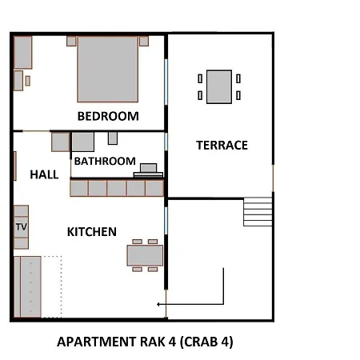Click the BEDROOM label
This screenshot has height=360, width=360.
[x=108, y=116]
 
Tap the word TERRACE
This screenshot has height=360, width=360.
[x=222, y=146]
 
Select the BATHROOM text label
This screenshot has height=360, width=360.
[x=105, y=161]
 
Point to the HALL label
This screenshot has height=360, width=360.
[x=44, y=174]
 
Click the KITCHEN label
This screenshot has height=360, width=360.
[x=92, y=232]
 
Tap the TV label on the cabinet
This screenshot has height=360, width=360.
[x=22, y=227]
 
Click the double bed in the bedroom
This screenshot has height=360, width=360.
[x=108, y=70]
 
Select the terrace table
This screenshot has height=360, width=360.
[x=219, y=87]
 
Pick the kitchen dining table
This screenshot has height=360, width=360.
[x=145, y=255]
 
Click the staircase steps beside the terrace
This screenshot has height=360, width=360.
[x=258, y=212]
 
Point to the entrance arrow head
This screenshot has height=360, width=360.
[x=158, y=304]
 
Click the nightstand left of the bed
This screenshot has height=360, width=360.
[x=71, y=42]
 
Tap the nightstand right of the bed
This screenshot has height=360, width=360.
[x=144, y=42]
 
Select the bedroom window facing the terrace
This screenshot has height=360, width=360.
[x=166, y=82]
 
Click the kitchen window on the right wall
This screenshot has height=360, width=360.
[x=166, y=221]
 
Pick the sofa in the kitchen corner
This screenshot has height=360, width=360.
[x=28, y=286]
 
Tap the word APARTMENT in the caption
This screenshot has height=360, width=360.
[x=97, y=342]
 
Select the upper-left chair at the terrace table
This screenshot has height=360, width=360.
[x=200, y=78]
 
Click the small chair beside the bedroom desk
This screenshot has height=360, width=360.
[x=27, y=81]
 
